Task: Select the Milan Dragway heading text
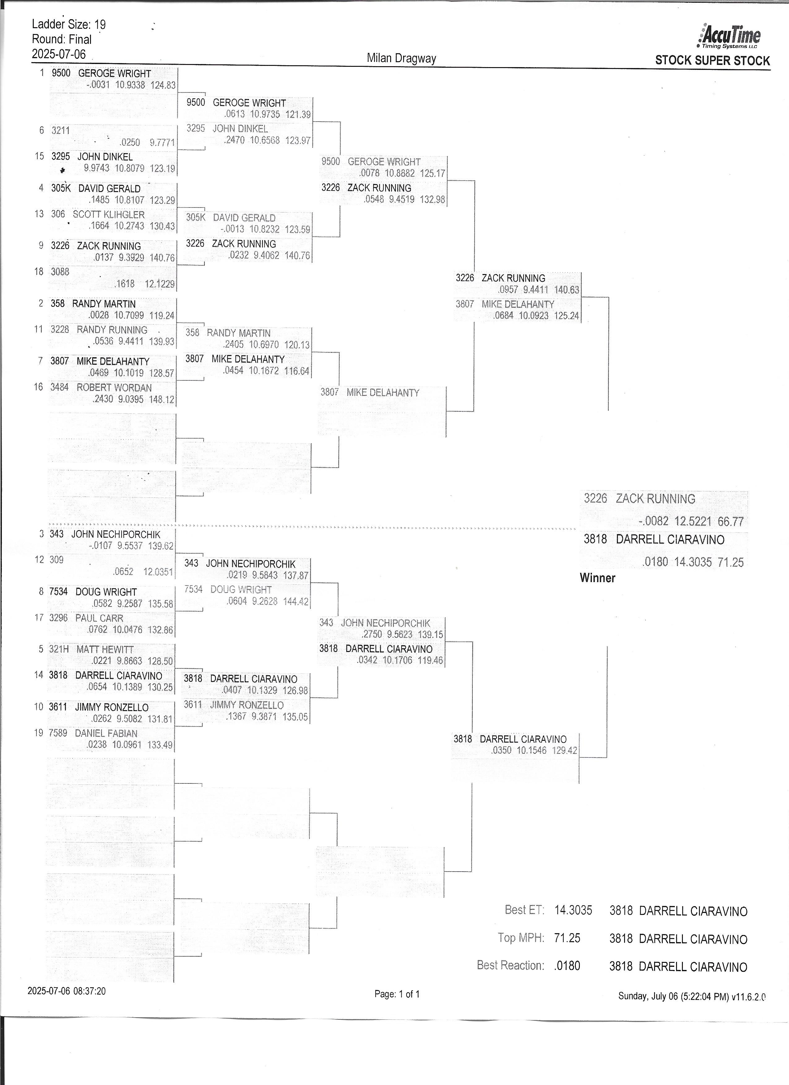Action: pos(401,58)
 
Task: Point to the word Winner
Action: pos(597,578)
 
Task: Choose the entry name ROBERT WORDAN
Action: pos(114,388)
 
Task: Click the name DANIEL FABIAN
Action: pos(106,733)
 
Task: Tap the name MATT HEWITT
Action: pos(105,649)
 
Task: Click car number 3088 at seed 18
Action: pos(60,272)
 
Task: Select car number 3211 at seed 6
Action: pos(61,130)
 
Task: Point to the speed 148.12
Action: pos(161,399)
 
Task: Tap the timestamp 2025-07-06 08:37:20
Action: pos(67,991)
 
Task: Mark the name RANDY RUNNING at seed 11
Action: pos(111,330)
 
